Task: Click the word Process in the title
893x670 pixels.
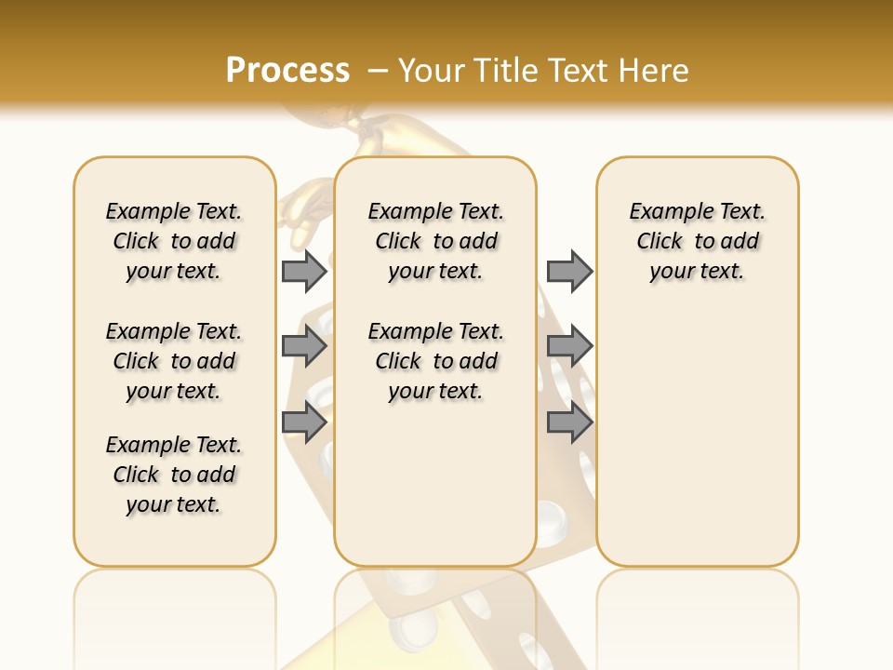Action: tap(287, 70)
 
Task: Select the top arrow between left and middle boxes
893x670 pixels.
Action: tap(304, 271)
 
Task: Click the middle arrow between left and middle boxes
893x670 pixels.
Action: tap(304, 346)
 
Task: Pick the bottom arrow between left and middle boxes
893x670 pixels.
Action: tap(304, 422)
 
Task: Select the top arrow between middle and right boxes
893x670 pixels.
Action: tap(569, 271)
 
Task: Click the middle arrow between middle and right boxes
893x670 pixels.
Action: tap(569, 346)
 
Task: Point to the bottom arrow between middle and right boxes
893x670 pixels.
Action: tap(569, 422)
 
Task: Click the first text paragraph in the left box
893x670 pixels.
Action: tap(174, 241)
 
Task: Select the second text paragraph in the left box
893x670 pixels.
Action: tap(174, 361)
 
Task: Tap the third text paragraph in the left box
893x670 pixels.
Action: tap(174, 475)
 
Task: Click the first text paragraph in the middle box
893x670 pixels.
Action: tap(435, 241)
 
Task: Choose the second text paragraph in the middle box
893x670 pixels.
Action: tap(435, 361)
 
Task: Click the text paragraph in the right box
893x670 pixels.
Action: tap(698, 241)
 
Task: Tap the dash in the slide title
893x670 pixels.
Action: tap(379, 71)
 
